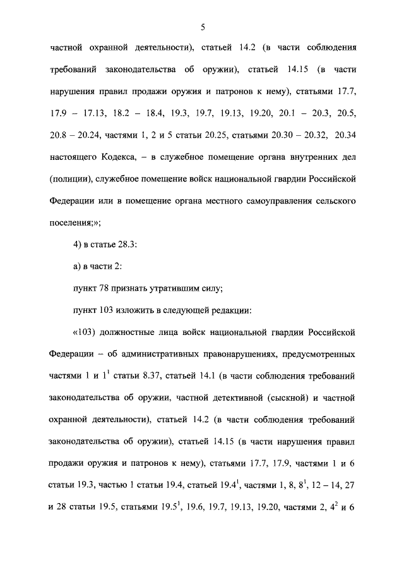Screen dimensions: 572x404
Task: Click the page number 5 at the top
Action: tap(202, 26)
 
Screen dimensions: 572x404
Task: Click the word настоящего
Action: tap(74, 157)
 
